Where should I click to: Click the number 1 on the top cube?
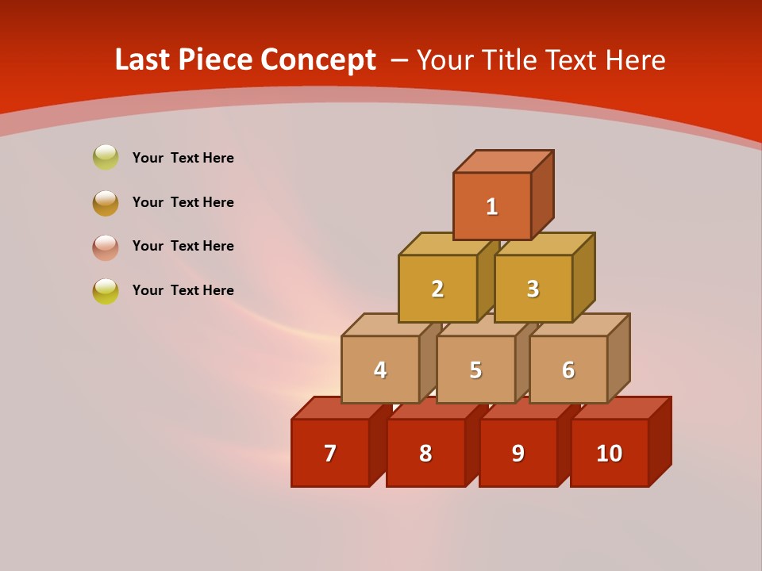(x=492, y=207)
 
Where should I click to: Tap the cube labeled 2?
(x=437, y=289)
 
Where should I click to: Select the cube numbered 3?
(x=533, y=289)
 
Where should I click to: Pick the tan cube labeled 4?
(x=380, y=370)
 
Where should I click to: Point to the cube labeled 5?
(x=475, y=370)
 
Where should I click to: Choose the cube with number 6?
(x=568, y=370)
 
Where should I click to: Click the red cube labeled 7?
(x=330, y=454)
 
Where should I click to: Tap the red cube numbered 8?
(x=425, y=454)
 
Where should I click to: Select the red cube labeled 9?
(x=518, y=454)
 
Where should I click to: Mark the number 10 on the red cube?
(x=609, y=454)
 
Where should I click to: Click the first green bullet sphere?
(x=106, y=157)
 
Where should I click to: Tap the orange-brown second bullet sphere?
(x=106, y=202)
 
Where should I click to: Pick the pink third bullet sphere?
(x=106, y=247)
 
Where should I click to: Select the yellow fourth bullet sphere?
(x=106, y=291)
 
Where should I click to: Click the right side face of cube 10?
(x=660, y=441)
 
